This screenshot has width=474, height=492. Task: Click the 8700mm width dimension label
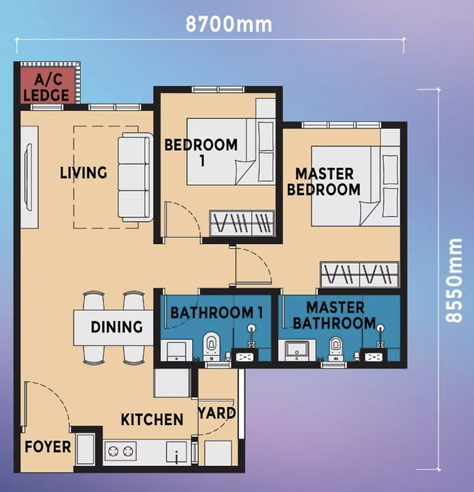(x=229, y=24)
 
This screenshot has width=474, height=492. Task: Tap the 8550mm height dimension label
(x=454, y=280)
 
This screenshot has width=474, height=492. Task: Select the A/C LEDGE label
(x=46, y=88)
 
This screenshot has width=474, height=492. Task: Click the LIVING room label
(x=83, y=172)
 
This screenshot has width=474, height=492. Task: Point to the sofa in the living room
(x=136, y=177)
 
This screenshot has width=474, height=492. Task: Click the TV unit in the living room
(x=30, y=177)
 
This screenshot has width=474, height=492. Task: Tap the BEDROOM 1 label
(x=201, y=152)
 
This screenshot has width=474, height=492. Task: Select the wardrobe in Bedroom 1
(x=242, y=223)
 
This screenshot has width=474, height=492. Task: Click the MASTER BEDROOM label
(x=324, y=182)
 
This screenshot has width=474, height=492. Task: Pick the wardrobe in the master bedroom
(x=360, y=274)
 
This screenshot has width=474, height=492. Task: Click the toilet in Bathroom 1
(x=212, y=347)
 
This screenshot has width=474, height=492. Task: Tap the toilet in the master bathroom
(x=336, y=349)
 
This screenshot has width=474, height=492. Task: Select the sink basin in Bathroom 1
(x=176, y=351)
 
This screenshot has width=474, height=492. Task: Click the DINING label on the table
(x=116, y=327)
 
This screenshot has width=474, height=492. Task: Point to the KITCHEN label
(x=152, y=420)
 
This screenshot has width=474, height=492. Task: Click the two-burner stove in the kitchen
(x=121, y=451)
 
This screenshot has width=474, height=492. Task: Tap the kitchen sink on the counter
(x=176, y=452)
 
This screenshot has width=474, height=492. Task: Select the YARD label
(x=217, y=413)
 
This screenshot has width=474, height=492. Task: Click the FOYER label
(x=48, y=447)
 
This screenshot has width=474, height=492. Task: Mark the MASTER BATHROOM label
(x=335, y=316)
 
